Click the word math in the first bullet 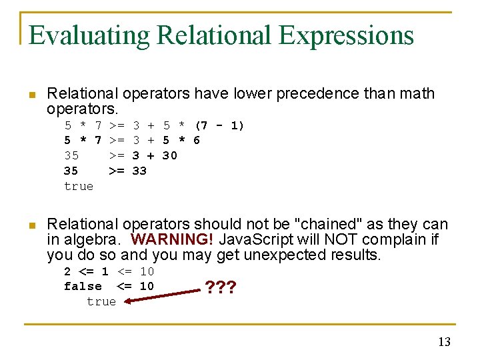[416, 93]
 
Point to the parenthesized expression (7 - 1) [219, 125]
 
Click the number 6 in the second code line [197, 140]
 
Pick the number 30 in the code [170, 155]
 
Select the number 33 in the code [139, 171]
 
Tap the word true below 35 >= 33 [79, 186]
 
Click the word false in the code [83, 286]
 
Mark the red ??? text [221, 288]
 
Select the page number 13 [444, 342]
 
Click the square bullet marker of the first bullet [31, 94]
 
